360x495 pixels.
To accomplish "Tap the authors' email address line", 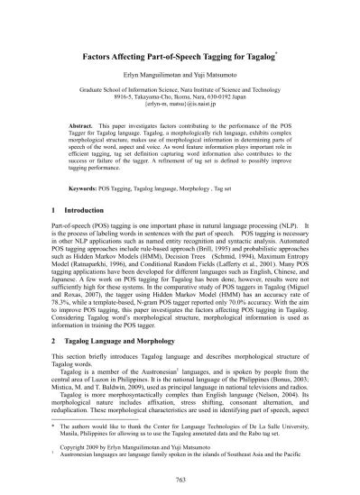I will click(x=180, y=106).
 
